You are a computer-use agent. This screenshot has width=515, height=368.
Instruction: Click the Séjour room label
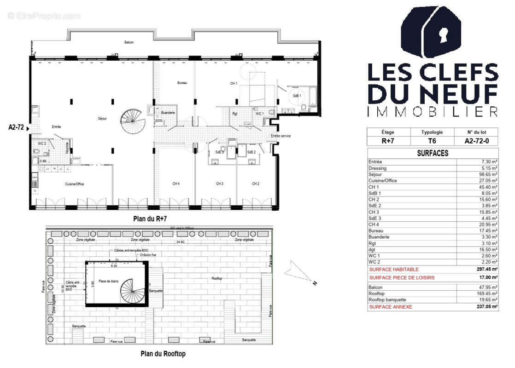[x=102, y=118]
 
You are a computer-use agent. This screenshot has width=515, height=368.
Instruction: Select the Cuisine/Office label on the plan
[x=74, y=184]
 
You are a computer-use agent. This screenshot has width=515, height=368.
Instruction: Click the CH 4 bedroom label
[x=176, y=184]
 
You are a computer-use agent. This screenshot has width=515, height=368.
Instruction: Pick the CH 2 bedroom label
[x=256, y=184]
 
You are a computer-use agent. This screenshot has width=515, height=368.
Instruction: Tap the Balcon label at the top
[x=129, y=42]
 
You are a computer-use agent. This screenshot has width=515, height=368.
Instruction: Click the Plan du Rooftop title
[x=163, y=354]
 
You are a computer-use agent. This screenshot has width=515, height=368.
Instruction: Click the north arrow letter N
[x=315, y=283]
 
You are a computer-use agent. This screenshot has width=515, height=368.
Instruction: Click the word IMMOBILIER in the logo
[x=432, y=111]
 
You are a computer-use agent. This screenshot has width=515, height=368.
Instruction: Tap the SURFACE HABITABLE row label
[x=394, y=270]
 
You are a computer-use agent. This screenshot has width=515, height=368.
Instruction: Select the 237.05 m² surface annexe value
[x=487, y=306]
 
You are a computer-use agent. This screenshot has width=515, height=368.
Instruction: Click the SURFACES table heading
[x=432, y=153]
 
